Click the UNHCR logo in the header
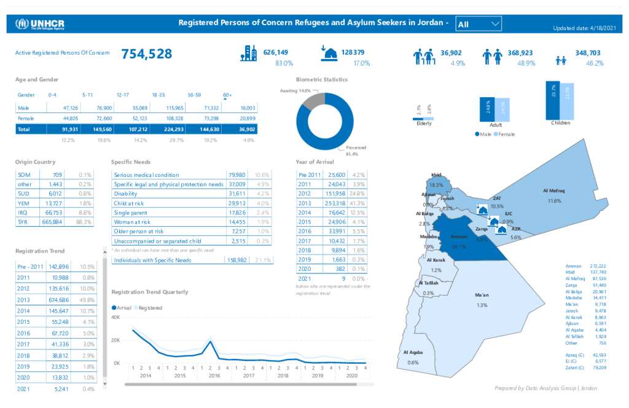(40, 24)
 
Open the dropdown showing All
(479, 24)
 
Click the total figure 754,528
(146, 54)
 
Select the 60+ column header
(227, 95)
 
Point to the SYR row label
(23, 222)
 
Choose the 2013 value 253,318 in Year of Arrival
(336, 203)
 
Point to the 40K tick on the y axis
(115, 317)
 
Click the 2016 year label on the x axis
(214, 375)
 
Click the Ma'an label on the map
(482, 296)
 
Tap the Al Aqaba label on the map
(413, 352)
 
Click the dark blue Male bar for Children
(553, 101)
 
